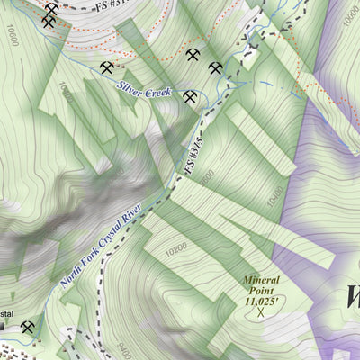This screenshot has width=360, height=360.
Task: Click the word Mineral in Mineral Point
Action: coord(262,280)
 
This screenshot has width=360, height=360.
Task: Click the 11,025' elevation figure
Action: coord(262,301)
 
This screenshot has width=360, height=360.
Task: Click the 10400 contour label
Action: coord(274,193)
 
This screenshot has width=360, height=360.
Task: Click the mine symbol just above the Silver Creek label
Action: coord(107,67)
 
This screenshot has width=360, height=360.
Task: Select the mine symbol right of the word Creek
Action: coord(189,96)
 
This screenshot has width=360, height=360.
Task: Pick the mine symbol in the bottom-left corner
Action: coord(29,328)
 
